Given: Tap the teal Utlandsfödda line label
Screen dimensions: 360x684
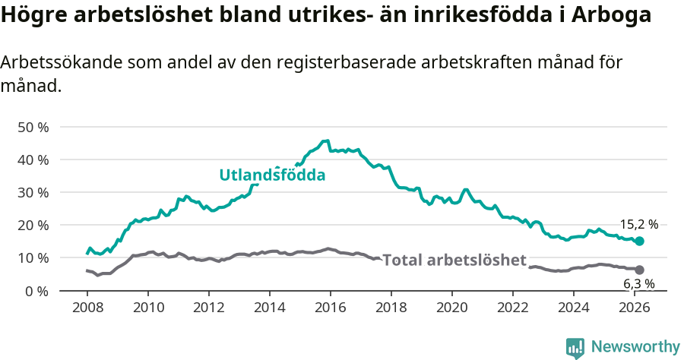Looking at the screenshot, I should [x=272, y=175].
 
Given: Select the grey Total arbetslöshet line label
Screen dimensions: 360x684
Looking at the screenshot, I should [x=454, y=261].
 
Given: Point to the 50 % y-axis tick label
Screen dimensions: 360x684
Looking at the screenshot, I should [x=33, y=127].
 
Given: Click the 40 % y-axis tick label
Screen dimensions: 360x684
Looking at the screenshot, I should [x=33, y=159].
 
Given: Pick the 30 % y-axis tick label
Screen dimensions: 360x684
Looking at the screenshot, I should [x=33, y=192].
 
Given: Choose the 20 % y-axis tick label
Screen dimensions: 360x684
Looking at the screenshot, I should [x=33, y=225].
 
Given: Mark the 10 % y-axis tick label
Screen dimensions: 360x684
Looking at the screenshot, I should [x=33, y=257].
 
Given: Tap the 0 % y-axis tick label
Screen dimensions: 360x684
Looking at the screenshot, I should [x=36, y=291].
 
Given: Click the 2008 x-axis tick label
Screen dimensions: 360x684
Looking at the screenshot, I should [x=87, y=308].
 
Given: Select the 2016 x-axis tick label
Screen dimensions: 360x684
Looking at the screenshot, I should [x=331, y=308].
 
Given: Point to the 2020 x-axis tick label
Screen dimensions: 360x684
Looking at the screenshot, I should [x=452, y=308].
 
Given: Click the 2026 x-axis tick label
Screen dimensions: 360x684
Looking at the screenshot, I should [x=635, y=308].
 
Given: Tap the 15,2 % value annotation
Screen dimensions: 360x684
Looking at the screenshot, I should [x=638, y=225].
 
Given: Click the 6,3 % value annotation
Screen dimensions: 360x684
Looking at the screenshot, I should [x=638, y=284].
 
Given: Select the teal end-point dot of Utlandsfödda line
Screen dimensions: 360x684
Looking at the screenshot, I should [x=639, y=241].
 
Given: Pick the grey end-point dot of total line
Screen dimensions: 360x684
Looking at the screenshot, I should [x=639, y=270].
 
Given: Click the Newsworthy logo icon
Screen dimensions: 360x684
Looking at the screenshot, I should [x=575, y=348].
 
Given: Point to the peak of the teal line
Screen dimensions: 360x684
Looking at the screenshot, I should [x=326, y=141].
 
